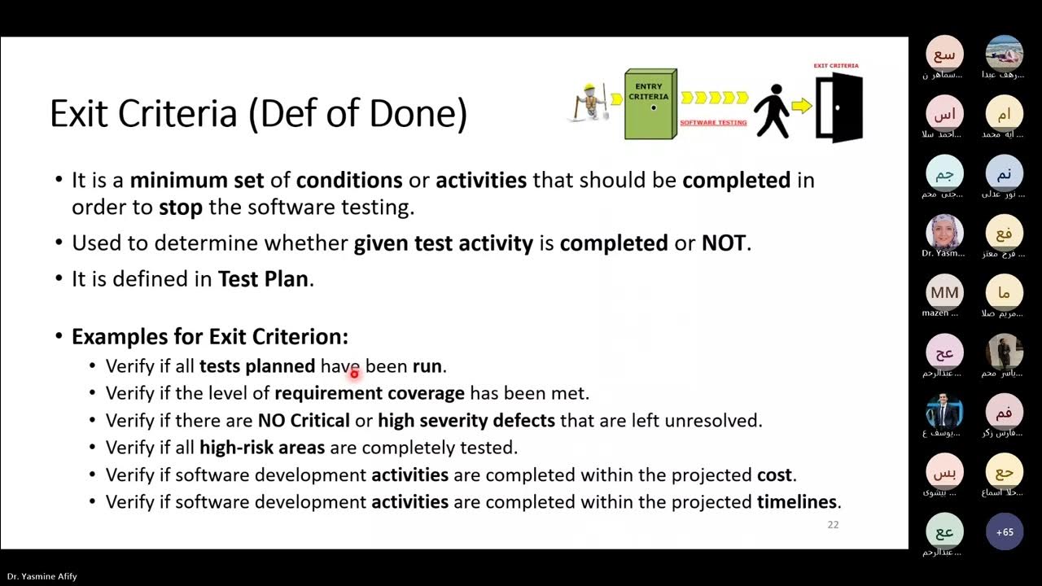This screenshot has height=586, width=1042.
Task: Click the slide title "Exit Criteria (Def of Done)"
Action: pyautogui.click(x=258, y=114)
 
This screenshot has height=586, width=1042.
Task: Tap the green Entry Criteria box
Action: pyautogui.click(x=650, y=104)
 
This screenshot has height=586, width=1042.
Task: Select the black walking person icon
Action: pyautogui.click(x=770, y=111)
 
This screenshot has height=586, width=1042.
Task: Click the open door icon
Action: pyautogui.click(x=838, y=107)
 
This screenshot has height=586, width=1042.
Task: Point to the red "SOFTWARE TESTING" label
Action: pyautogui.click(x=713, y=123)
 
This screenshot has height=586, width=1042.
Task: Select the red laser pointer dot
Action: pyautogui.click(x=354, y=374)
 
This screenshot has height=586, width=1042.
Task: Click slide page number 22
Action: pyautogui.click(x=833, y=525)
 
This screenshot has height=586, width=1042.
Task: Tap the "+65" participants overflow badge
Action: pyautogui.click(x=1005, y=532)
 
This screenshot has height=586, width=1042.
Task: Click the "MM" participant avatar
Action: pyautogui.click(x=944, y=293)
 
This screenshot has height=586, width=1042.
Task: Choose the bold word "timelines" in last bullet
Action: pyautogui.click(x=796, y=501)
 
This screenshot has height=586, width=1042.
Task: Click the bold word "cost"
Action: pyautogui.click(x=773, y=474)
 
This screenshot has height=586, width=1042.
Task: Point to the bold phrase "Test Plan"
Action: pyautogui.click(x=263, y=279)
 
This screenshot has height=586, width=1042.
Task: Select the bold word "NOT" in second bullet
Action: pyautogui.click(x=723, y=243)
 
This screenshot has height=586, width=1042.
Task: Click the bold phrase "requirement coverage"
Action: pyautogui.click(x=370, y=393)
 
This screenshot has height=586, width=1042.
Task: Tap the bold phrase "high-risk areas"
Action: pyautogui.click(x=262, y=448)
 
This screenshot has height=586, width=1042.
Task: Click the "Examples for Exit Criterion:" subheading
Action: pyautogui.click(x=210, y=337)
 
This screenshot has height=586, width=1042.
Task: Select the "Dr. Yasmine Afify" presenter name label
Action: pyautogui.click(x=42, y=576)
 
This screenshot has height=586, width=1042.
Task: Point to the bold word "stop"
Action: pyautogui.click(x=181, y=208)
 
